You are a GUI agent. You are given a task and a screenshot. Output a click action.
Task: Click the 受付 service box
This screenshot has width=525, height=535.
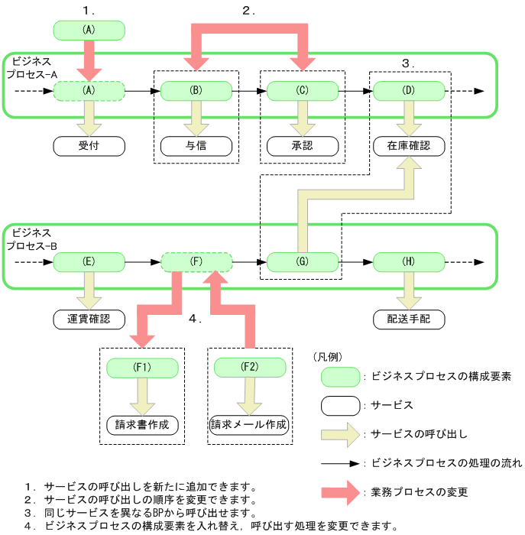click(x=89, y=144)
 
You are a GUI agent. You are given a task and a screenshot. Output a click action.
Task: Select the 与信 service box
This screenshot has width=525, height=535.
click(x=196, y=144)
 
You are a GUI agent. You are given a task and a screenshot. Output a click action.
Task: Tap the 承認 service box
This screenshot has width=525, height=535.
click(x=303, y=144)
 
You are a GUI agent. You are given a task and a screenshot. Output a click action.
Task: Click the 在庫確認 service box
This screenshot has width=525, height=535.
click(x=409, y=144)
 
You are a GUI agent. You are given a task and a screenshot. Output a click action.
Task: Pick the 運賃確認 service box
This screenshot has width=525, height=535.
click(x=89, y=319)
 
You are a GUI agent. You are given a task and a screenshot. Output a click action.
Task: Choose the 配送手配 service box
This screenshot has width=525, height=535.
click(x=409, y=319)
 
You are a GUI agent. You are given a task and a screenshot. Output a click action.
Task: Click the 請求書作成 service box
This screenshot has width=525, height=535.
click(x=142, y=424)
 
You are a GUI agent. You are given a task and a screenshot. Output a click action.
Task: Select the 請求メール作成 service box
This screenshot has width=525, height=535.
click(x=249, y=424)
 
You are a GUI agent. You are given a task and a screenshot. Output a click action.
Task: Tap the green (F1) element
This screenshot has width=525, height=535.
click(x=142, y=367)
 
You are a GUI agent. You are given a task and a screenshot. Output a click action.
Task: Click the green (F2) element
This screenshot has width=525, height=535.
click(x=249, y=367)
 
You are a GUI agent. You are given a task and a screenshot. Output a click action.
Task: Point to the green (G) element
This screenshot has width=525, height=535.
click(x=303, y=262)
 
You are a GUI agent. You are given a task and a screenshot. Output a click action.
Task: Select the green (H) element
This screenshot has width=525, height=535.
click(x=409, y=262)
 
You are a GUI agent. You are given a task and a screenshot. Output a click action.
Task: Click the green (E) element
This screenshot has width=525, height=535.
click(x=89, y=262)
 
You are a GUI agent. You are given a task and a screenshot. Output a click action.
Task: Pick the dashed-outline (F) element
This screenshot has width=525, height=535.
click(x=196, y=262)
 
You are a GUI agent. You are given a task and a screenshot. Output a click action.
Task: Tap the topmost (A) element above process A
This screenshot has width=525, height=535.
click(x=89, y=30)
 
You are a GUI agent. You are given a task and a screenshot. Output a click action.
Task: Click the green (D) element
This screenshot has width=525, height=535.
click(x=409, y=90)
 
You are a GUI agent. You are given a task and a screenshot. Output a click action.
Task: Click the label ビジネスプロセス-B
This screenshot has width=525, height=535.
click(x=31, y=239)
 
